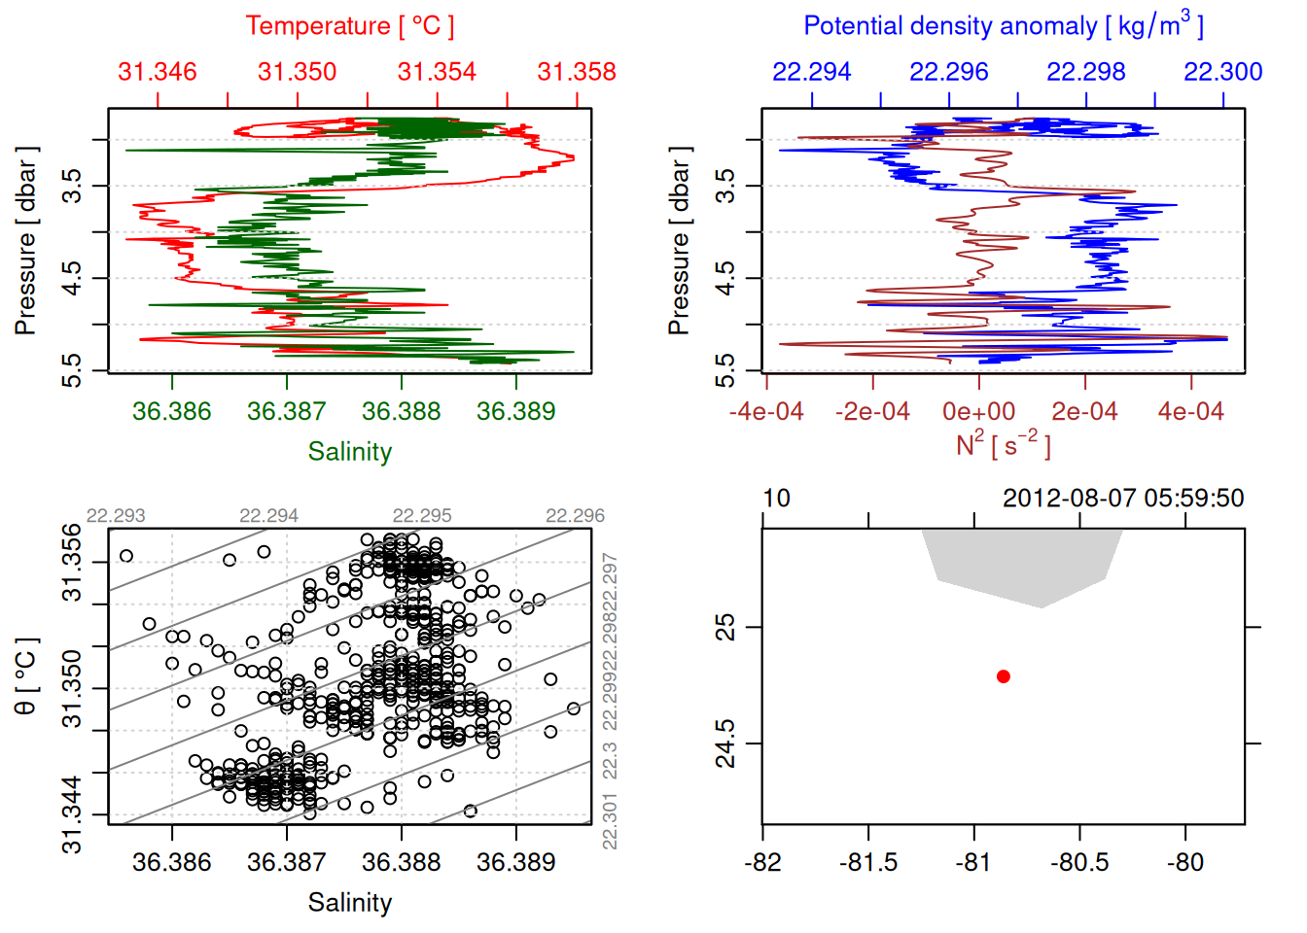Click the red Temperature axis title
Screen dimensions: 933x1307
349,26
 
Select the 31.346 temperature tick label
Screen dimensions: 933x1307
158,72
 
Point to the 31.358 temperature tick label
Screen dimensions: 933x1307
577,72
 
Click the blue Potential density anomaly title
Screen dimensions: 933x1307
1003,25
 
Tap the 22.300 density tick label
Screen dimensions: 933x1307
1223,72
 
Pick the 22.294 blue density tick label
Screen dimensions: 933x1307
811,72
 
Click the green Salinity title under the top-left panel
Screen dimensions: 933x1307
350,452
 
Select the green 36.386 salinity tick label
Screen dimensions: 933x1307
172,412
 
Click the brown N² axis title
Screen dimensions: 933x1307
1003,444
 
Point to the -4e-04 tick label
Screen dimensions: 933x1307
767,412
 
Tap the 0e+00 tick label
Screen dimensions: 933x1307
978,412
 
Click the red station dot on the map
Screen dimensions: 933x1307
1004,676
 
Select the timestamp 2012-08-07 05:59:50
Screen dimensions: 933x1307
1123,499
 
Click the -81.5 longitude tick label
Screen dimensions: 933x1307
868,863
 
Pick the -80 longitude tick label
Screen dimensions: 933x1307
1185,863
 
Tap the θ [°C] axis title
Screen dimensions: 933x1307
26,676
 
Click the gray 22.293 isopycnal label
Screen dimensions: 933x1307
116,516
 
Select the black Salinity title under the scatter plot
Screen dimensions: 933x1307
350,903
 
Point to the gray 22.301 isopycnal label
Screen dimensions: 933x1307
610,821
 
